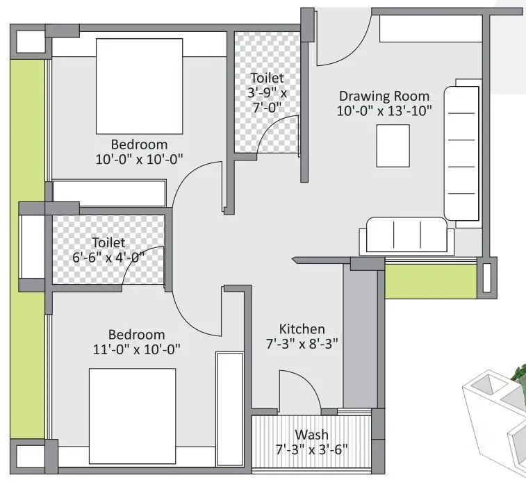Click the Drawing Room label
[384, 96]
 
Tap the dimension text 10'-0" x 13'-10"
[385, 110]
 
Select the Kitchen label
[302, 329]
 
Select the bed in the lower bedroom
[132, 415]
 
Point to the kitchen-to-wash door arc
[299, 389]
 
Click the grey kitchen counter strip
[360, 337]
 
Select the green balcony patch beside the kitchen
[430, 281]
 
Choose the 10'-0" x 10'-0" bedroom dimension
[139, 158]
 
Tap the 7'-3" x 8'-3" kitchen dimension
[302, 343]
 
